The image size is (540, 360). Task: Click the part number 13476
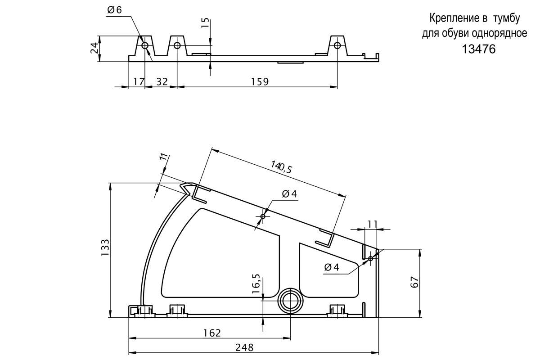point(478,49)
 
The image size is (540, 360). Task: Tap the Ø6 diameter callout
point(114,10)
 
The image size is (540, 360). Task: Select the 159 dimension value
point(260,82)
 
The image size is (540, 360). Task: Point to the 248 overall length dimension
point(244,347)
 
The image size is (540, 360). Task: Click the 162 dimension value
point(212,333)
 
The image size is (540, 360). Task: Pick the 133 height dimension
point(105,247)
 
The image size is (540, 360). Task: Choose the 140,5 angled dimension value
point(281,167)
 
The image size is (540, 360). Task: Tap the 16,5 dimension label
point(256,283)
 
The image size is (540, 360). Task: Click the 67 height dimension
point(414,282)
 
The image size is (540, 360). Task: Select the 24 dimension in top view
point(94,48)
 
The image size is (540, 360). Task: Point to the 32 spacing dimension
point(162,82)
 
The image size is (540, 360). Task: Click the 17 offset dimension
point(139,82)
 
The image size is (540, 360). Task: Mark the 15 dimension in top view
point(205,23)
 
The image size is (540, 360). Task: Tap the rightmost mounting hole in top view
point(337,45)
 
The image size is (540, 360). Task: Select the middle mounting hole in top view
point(177,45)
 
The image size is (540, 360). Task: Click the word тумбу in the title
point(506,18)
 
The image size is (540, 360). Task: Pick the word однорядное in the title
point(499,33)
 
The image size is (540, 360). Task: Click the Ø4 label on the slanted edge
point(289,193)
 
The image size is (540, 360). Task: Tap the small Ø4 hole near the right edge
point(371,258)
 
